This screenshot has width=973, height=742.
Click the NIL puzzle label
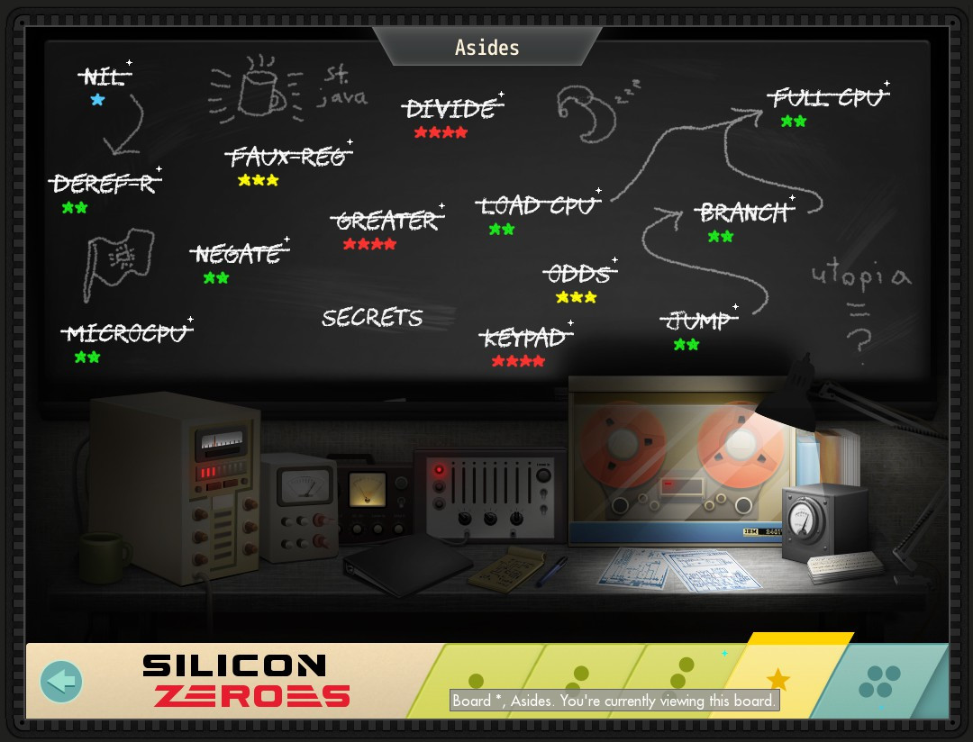pyautogui.click(x=104, y=77)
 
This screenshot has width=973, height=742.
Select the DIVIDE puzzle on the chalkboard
pyautogui.click(x=450, y=109)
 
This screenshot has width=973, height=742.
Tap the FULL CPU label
pyautogui.click(x=828, y=97)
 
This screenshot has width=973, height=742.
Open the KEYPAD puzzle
pyautogui.click(x=524, y=339)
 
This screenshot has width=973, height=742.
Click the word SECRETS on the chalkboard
pyautogui.click(x=372, y=318)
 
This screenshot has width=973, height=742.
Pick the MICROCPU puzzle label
pyautogui.click(x=126, y=334)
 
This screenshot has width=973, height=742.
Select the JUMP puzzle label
pyautogui.click(x=698, y=321)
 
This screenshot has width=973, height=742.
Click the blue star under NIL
pyautogui.click(x=97, y=100)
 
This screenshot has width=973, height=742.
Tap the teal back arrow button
pyautogui.click(x=61, y=682)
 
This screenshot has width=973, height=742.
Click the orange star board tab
pyautogui.click(x=777, y=679)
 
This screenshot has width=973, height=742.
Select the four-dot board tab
pyautogui.click(x=880, y=683)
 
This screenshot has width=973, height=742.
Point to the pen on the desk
pyautogui.click(x=551, y=571)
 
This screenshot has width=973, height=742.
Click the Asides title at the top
pyautogui.click(x=486, y=47)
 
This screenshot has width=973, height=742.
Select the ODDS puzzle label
pyautogui.click(x=579, y=273)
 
